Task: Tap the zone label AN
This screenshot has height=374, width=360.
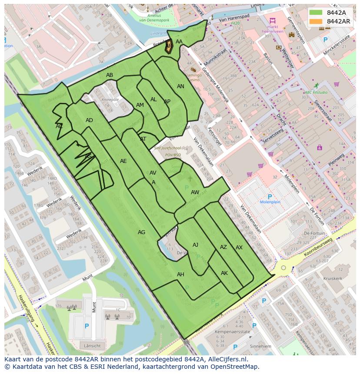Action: [x=180, y=86]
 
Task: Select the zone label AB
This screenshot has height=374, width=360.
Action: [x=110, y=75]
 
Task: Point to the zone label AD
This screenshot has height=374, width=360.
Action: [x=89, y=120]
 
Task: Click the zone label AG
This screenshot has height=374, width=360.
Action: [x=141, y=232]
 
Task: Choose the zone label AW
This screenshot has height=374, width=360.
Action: [x=195, y=192]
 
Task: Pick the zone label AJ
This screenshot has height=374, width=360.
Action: [x=195, y=245]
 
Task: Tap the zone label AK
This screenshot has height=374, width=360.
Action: [x=224, y=273]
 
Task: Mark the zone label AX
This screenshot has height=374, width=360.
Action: [x=239, y=248]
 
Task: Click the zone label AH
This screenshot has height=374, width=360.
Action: [x=180, y=275]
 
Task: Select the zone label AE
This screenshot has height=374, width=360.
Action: [x=123, y=161]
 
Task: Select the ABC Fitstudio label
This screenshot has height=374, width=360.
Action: [x=316, y=93]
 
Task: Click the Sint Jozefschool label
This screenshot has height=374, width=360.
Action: [x=167, y=148]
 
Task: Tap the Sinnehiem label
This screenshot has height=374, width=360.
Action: [x=261, y=347]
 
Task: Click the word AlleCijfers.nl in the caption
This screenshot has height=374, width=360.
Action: [x=222, y=359]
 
